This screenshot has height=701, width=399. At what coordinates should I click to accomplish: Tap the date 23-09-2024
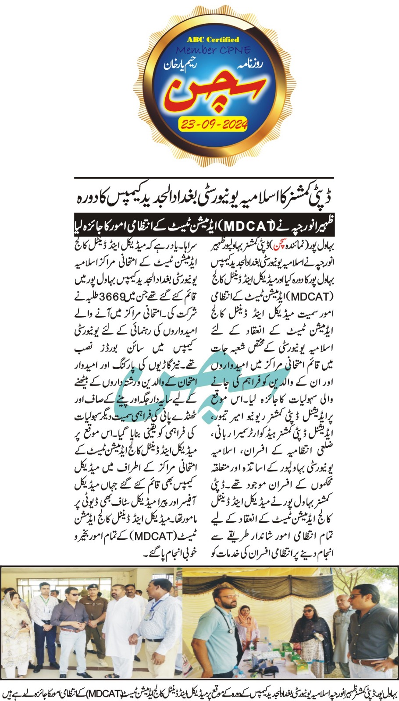coord(214,124)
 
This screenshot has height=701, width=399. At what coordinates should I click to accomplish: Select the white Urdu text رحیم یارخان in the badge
coord(181,64)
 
